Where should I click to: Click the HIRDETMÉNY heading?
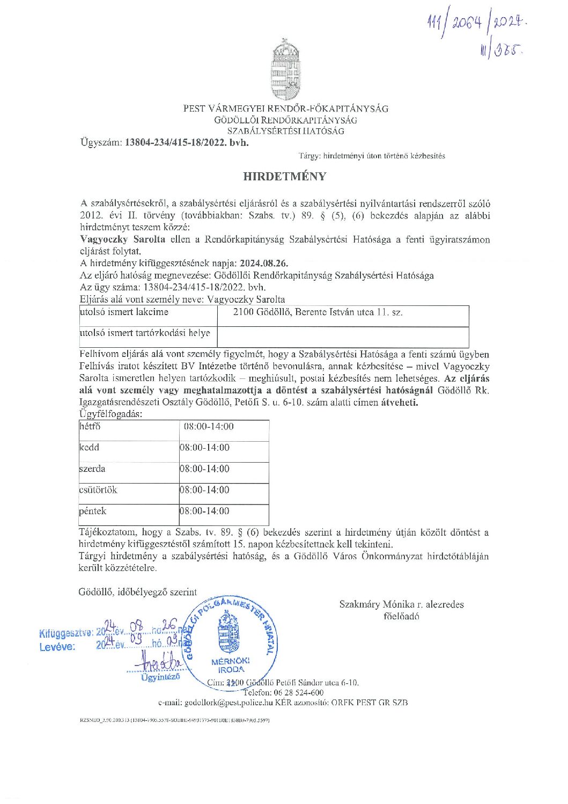point(285,177)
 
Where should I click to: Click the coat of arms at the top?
point(285,70)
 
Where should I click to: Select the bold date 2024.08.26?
point(264,264)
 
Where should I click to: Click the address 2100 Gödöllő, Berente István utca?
point(318,312)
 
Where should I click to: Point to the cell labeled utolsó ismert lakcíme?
point(124,312)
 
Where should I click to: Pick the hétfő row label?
point(90,427)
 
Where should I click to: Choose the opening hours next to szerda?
point(204,469)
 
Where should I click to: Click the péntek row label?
point(92,511)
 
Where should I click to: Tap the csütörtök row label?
point(98,490)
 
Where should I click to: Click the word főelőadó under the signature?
point(401,616)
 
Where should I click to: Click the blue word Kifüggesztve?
point(65,633)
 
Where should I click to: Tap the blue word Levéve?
point(57,647)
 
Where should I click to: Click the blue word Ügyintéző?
point(160,677)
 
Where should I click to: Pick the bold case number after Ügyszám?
point(187,143)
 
